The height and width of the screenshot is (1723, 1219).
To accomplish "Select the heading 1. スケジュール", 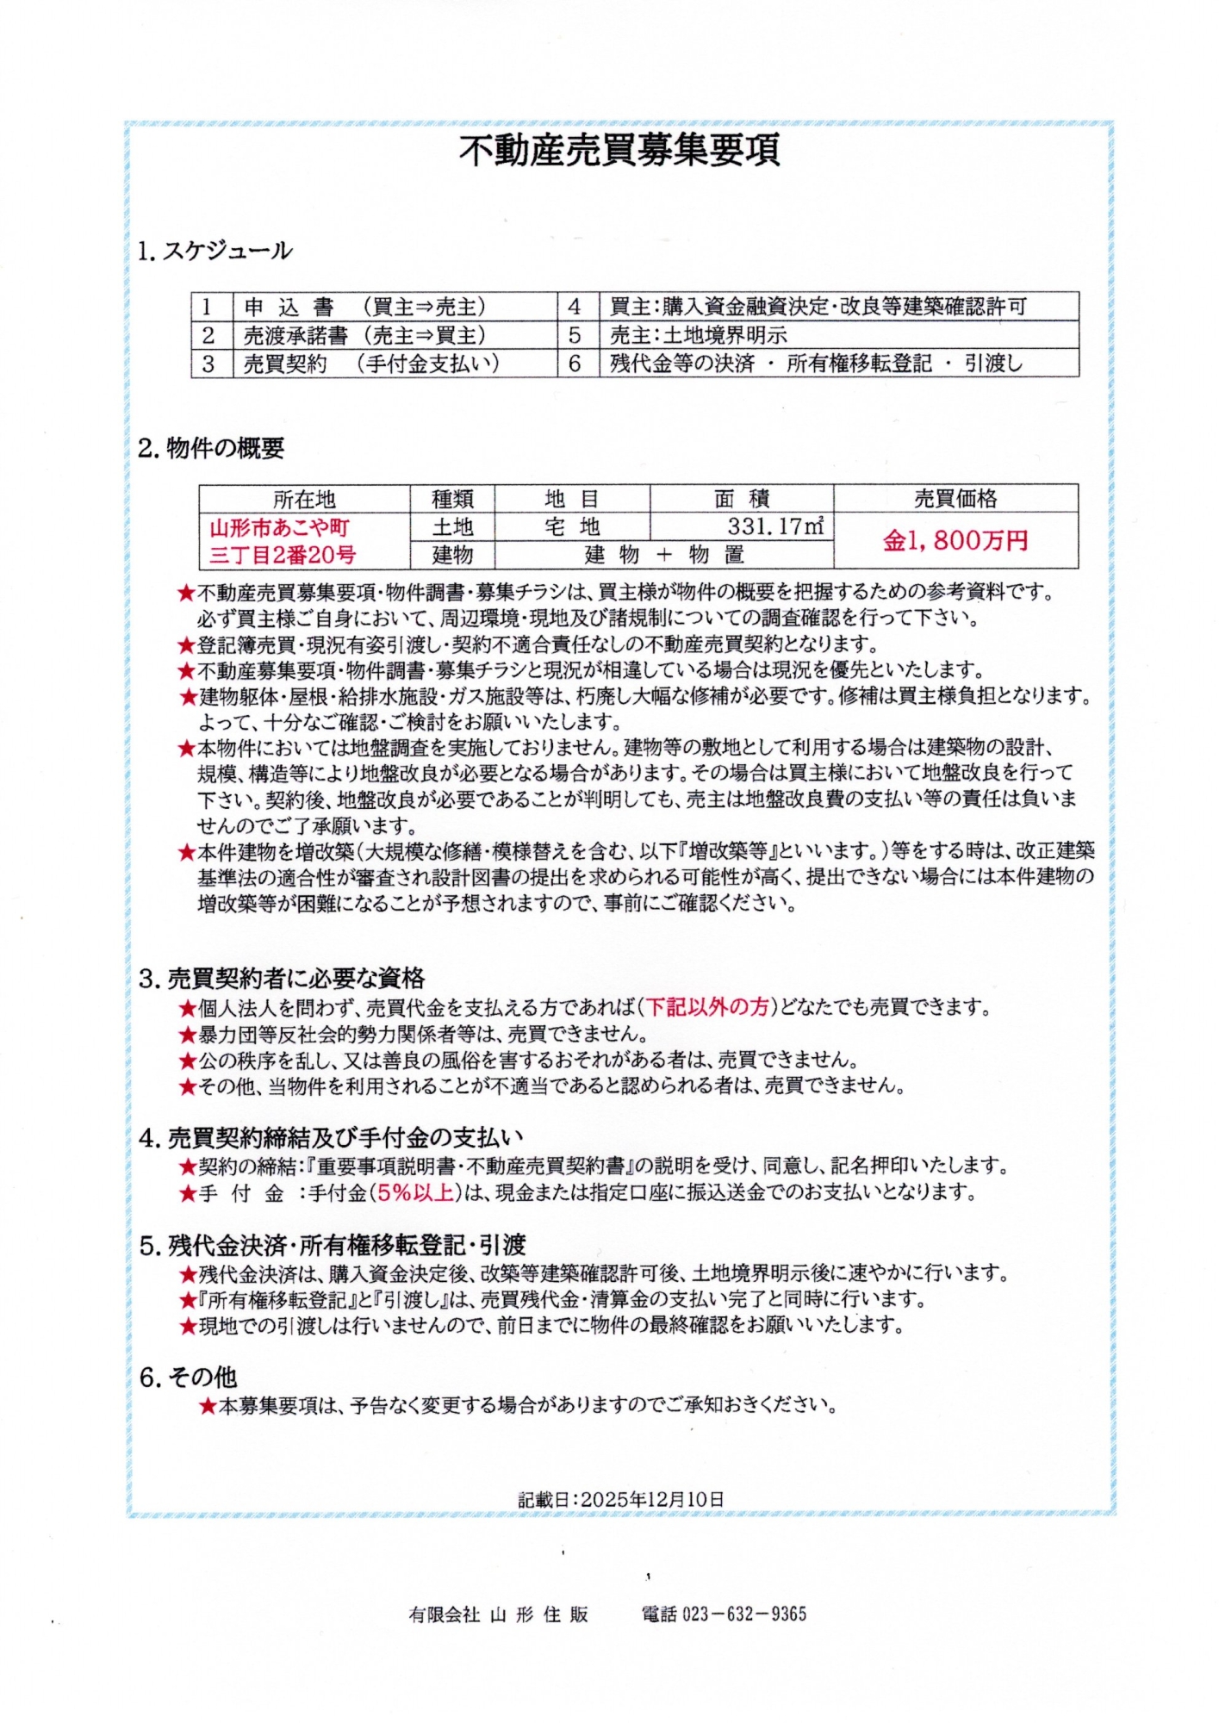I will [x=215, y=251].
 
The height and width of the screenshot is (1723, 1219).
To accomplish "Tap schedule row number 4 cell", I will [x=575, y=307].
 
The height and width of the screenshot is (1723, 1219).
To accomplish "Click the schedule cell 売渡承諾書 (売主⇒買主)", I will [x=365, y=335].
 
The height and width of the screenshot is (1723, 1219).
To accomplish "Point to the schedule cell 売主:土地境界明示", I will [x=698, y=335].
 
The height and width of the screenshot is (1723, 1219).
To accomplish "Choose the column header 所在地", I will [x=304, y=499].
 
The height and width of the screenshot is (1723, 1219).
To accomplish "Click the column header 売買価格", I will [x=955, y=499].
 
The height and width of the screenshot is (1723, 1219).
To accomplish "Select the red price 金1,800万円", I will [x=955, y=541].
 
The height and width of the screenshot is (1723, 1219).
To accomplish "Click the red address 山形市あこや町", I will [x=280, y=526].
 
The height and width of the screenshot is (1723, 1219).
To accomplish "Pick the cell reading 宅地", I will [x=571, y=526].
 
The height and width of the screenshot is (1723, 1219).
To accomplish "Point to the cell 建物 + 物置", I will [x=663, y=554].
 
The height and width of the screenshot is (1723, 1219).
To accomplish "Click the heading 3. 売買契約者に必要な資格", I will [x=282, y=978].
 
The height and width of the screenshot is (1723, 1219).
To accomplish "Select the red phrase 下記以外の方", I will [x=707, y=1006].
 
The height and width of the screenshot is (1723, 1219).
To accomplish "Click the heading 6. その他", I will [x=188, y=1378].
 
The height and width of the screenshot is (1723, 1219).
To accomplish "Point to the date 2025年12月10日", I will [x=652, y=1499].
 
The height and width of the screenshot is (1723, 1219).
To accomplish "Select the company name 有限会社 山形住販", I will [x=498, y=1614].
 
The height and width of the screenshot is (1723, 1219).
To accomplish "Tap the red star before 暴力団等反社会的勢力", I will [x=188, y=1034].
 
